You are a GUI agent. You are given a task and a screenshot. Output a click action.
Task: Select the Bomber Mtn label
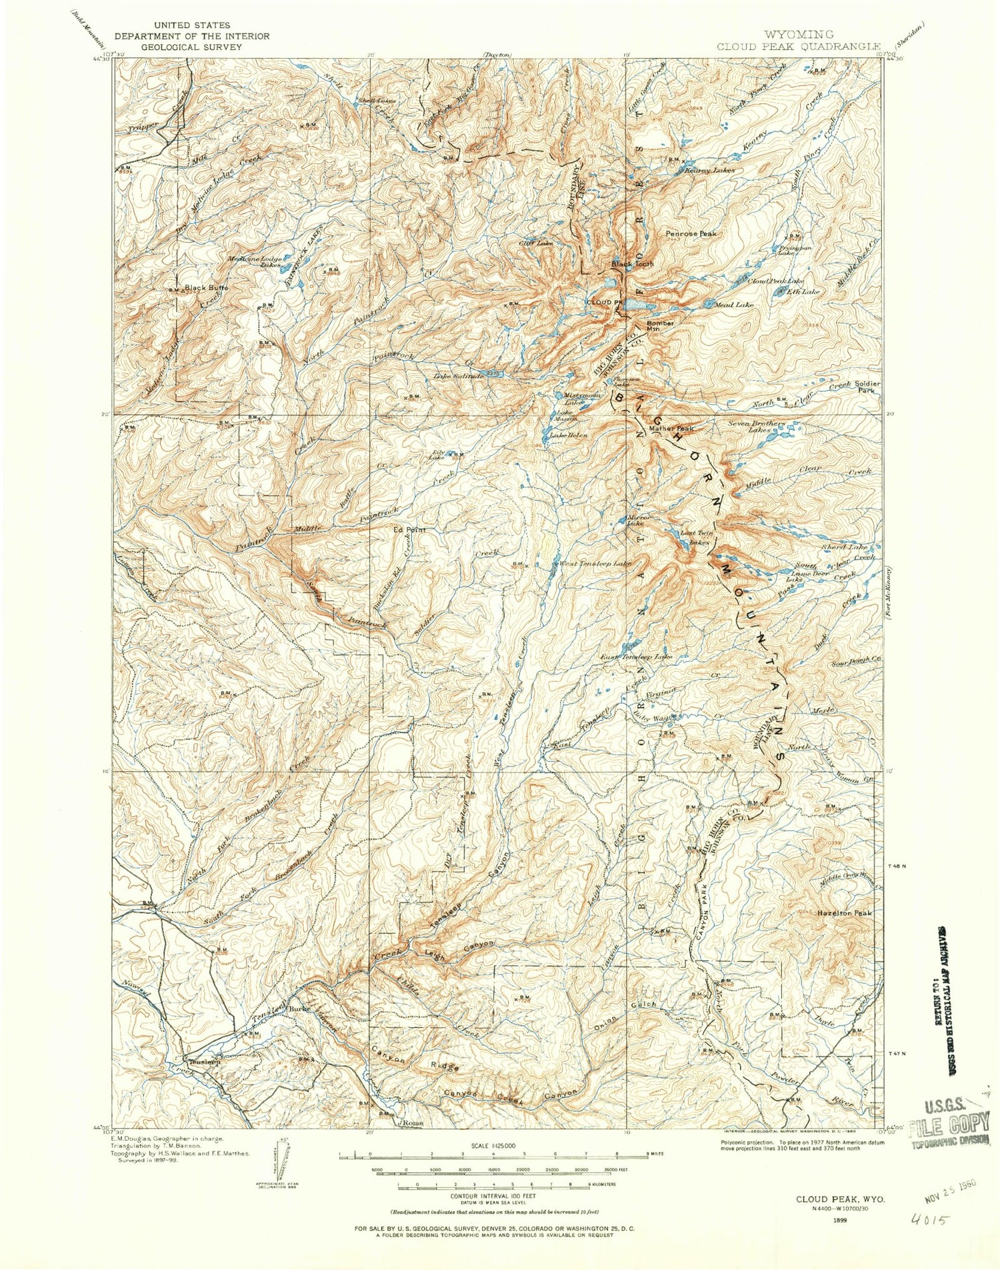point(661,326)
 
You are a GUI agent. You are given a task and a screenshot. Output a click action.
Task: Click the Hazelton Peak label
point(844,913)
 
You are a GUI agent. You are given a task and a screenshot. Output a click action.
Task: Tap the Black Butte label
point(206,288)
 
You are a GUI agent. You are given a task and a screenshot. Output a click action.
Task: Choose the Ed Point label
point(409,530)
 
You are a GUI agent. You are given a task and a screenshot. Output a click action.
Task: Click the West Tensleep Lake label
point(595,564)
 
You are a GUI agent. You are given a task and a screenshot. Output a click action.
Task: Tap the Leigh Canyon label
point(459,944)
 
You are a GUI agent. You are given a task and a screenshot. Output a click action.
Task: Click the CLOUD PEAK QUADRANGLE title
point(799,47)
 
